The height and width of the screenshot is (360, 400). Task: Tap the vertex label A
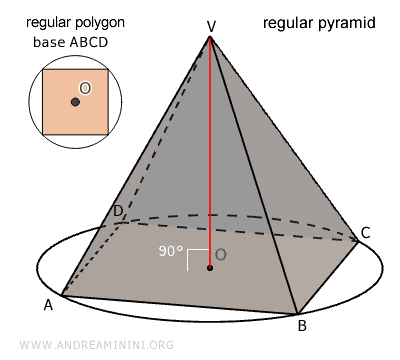(x=48, y=305)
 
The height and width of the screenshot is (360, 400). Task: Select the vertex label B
(x=301, y=325)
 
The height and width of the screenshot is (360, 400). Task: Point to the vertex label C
(x=366, y=233)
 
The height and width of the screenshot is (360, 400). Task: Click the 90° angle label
(x=172, y=252)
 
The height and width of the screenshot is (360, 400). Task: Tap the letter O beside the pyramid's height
(x=221, y=255)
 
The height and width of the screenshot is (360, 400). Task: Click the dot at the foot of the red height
(x=210, y=268)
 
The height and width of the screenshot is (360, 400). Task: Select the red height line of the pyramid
(x=210, y=150)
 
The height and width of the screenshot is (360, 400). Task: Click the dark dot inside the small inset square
(x=75, y=102)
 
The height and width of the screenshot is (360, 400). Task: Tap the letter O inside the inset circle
(x=85, y=89)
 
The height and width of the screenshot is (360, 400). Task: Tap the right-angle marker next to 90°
(x=198, y=256)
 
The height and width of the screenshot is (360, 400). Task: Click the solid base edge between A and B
(x=180, y=305)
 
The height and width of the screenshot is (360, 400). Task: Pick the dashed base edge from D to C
(x=240, y=230)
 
